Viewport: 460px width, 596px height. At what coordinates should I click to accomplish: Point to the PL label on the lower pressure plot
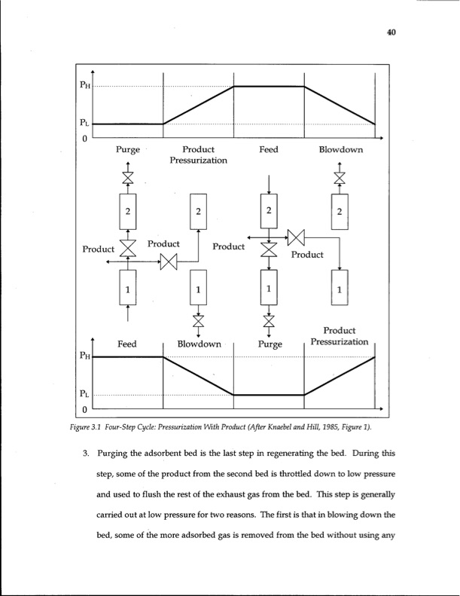click(87, 394)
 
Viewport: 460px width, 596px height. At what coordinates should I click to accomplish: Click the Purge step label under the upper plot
click(127, 150)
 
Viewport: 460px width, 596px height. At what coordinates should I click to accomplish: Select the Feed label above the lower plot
click(126, 344)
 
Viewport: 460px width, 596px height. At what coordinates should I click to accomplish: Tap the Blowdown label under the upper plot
click(340, 150)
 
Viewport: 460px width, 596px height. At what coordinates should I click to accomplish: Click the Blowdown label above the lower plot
click(199, 344)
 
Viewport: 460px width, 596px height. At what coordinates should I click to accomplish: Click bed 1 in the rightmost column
click(340, 289)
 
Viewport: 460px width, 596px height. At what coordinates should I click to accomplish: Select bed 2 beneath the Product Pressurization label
click(198, 212)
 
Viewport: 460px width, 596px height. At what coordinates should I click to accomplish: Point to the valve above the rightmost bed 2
click(340, 177)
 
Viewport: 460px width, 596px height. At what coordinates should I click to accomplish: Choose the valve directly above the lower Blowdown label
click(198, 320)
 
